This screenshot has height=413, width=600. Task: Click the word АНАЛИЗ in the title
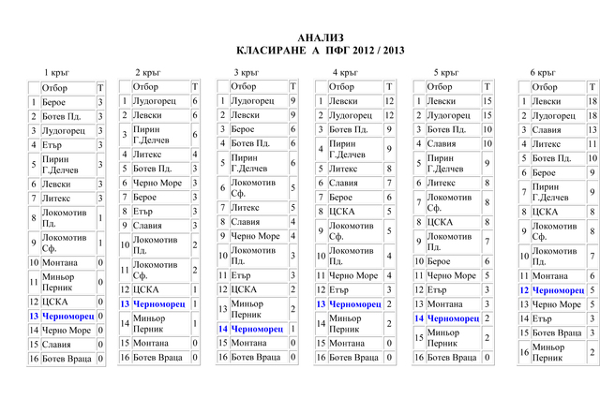(x=314, y=37)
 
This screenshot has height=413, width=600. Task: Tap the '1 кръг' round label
(x=57, y=72)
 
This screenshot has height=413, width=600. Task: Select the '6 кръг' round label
(x=544, y=72)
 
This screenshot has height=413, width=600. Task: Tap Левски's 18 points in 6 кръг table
(x=592, y=100)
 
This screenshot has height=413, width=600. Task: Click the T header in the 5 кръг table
(x=487, y=86)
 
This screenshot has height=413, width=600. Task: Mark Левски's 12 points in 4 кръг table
(x=389, y=100)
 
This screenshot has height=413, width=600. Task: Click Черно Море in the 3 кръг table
(x=255, y=236)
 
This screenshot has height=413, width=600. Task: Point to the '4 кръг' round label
(x=344, y=72)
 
